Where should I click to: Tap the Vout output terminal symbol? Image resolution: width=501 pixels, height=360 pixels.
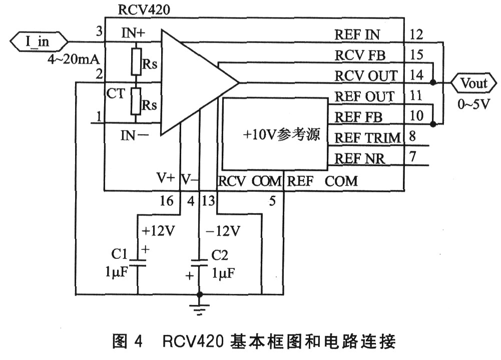pyautogui.click(x=473, y=83)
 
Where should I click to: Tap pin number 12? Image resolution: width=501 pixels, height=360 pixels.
pyautogui.click(x=416, y=35)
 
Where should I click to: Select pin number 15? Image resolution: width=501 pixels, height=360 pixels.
pyautogui.click(x=416, y=55)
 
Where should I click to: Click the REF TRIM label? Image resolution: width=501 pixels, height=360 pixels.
pyautogui.click(x=367, y=137)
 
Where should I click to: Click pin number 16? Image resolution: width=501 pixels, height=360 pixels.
pyautogui.click(x=167, y=201)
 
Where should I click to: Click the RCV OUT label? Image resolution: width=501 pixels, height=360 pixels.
pyautogui.click(x=366, y=76)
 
